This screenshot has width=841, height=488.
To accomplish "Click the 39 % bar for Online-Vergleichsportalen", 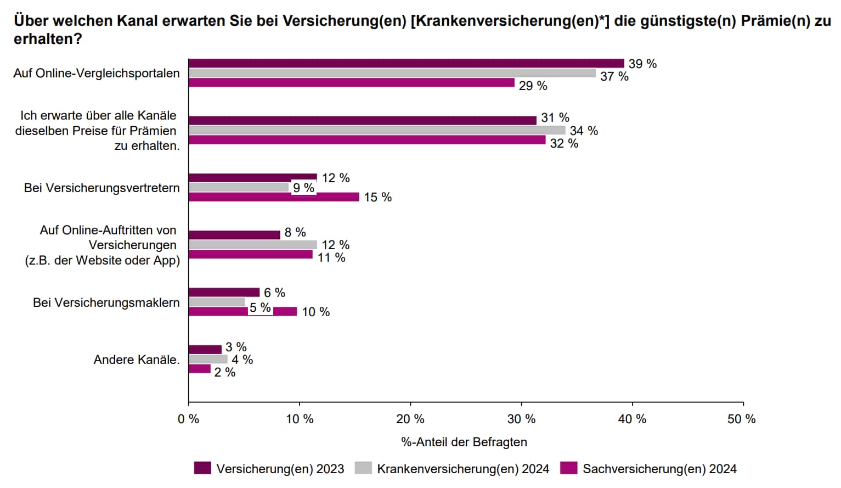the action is tap(406, 64).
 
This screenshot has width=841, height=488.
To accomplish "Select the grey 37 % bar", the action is tap(392, 73).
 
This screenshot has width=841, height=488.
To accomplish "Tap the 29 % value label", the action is tap(533, 86).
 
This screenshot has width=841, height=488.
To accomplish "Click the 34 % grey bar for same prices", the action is tap(376, 130).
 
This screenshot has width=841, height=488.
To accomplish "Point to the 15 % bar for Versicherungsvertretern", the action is tap(273, 197).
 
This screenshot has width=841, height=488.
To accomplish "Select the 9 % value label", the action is tap(303, 188).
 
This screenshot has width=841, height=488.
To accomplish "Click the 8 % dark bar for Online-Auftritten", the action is tap(234, 235).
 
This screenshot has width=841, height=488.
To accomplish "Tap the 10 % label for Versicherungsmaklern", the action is tap(315, 312).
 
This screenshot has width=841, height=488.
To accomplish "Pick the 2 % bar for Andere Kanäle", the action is tap(200, 369).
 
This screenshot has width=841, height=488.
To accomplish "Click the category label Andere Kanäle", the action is tap(136, 360).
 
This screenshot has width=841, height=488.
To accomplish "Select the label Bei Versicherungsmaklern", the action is tap(106, 303).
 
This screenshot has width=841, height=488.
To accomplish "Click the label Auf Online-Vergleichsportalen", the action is tap(97, 74).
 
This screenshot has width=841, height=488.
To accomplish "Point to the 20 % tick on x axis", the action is tap(410, 419).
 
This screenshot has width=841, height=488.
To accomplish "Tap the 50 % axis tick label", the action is tap(741, 419).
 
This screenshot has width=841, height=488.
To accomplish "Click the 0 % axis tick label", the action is tap(189, 419).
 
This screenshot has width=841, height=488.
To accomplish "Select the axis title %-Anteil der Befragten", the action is tap(464, 442).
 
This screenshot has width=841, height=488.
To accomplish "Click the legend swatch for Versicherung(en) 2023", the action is tap(202, 468).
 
